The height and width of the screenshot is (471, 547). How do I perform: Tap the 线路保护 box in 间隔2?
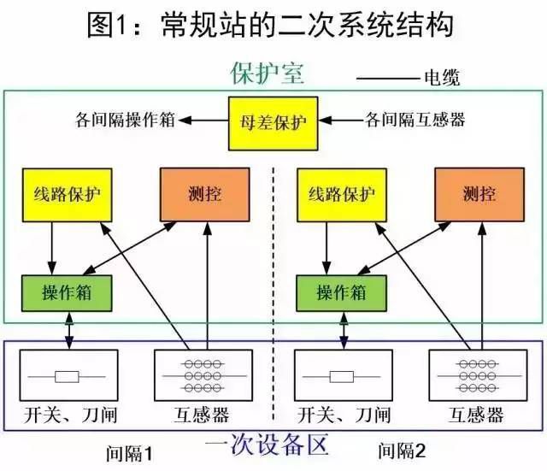[340, 193]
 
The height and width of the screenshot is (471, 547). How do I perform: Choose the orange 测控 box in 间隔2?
[479, 193]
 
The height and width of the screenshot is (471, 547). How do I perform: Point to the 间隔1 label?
[127, 450]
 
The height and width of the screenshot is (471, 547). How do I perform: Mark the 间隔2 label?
[401, 450]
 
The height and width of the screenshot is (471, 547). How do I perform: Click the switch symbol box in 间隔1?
[68, 375]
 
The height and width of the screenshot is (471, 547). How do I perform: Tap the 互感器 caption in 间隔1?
[203, 417]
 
